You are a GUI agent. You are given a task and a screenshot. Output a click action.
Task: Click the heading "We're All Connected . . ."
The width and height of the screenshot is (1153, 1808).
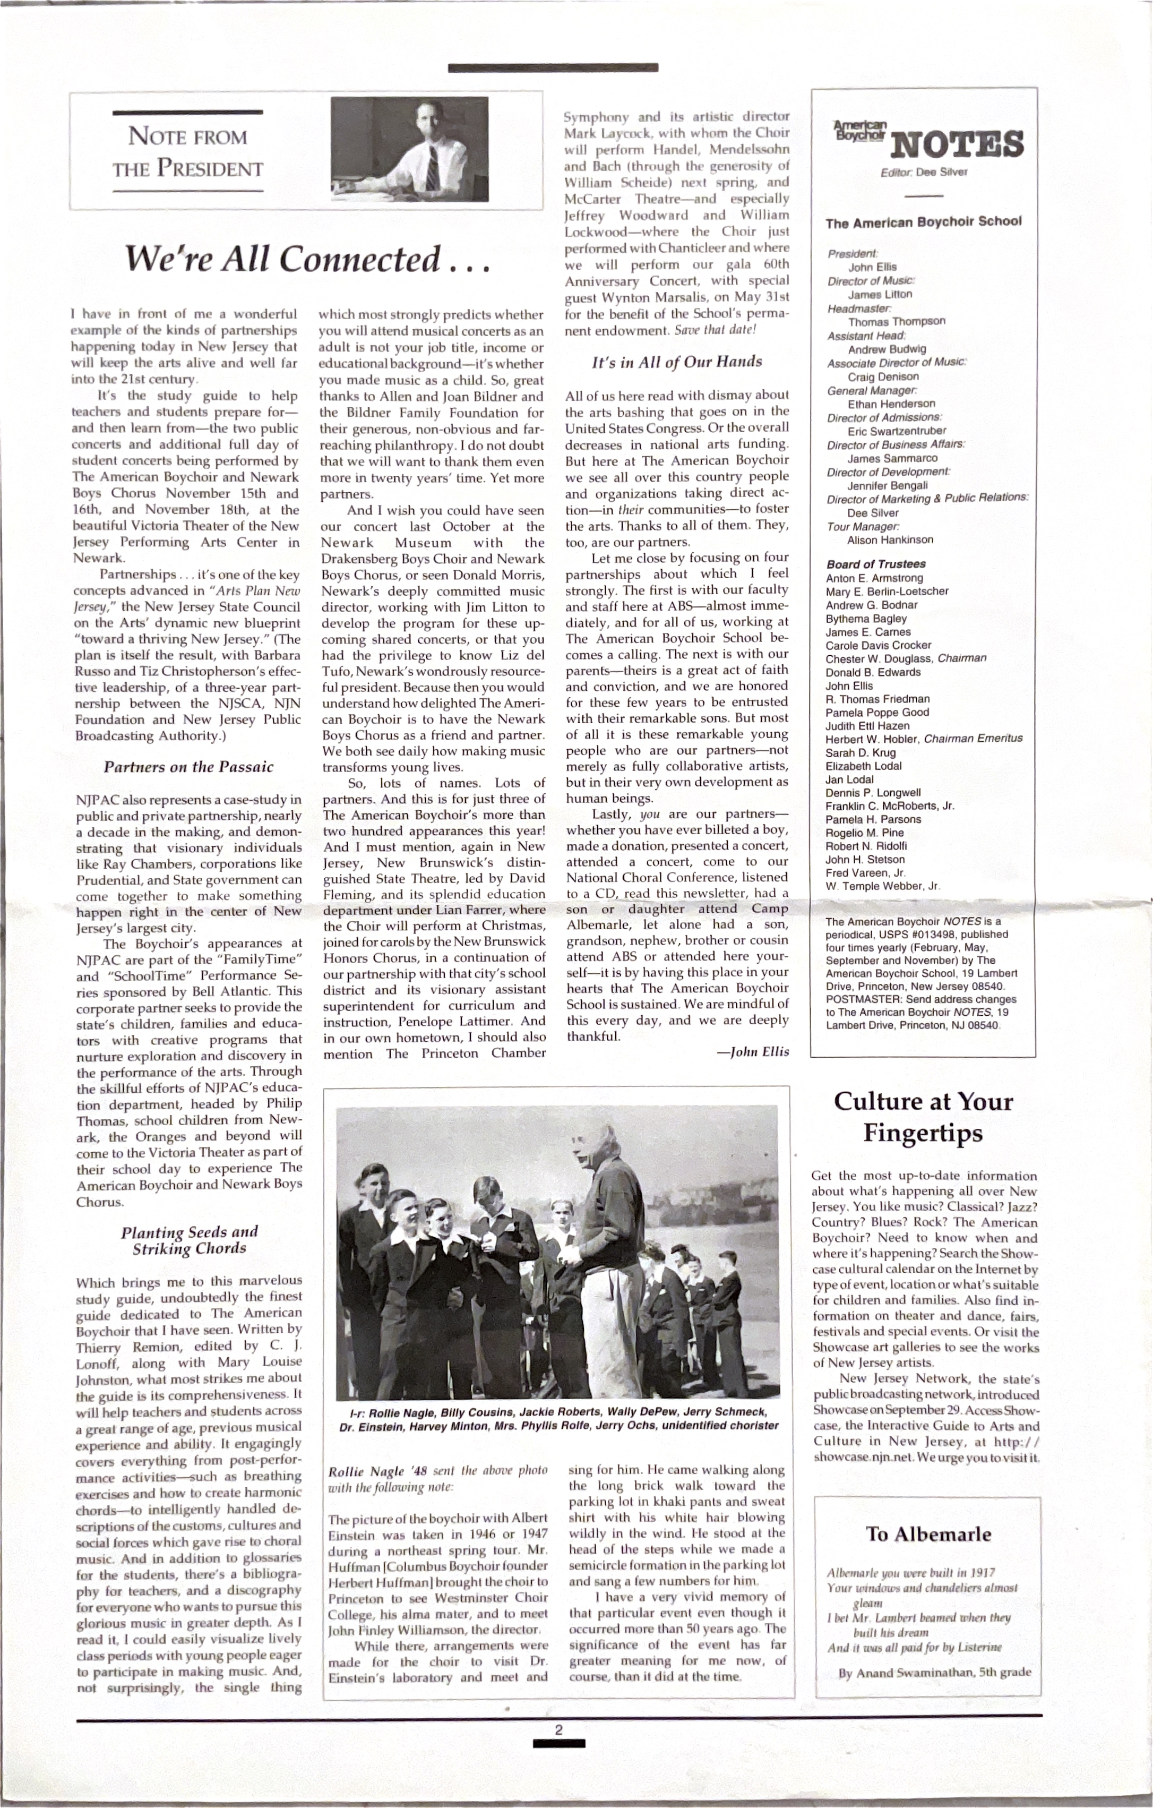tap(306, 260)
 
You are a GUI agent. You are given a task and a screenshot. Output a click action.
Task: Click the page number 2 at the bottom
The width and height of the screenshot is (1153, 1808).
tap(558, 1745)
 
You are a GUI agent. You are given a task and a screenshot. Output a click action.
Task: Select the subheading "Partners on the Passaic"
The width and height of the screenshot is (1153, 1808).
tap(188, 767)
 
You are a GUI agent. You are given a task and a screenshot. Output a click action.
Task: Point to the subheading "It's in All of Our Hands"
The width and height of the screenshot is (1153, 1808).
tap(676, 362)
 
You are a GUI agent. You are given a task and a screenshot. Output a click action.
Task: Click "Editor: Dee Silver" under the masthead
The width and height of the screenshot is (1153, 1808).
tap(924, 172)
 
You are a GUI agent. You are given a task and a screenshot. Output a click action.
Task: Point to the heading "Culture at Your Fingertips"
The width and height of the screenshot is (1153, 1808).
tap(923, 1117)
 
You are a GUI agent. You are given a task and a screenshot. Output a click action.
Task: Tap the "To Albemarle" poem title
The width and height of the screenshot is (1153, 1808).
tap(928, 1534)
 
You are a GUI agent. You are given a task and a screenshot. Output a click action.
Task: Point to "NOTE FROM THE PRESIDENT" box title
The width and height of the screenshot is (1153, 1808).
tap(188, 152)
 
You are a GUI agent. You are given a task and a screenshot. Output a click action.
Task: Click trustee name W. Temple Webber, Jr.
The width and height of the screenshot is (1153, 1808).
tap(882, 886)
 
